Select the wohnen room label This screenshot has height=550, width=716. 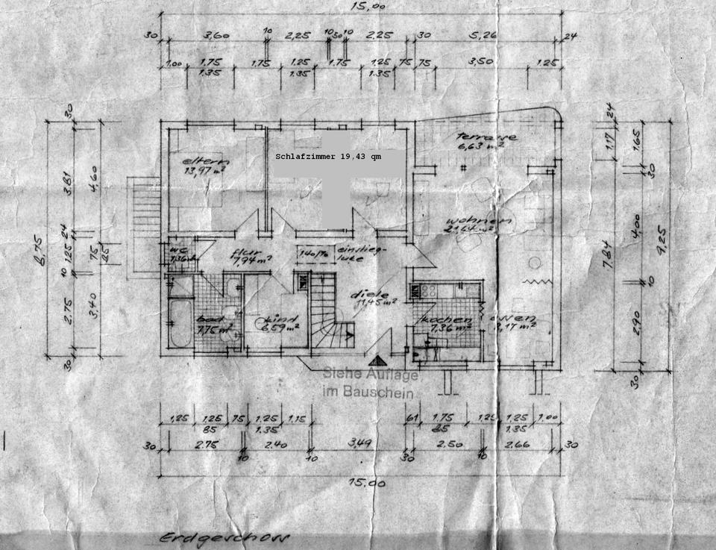(x=478, y=222)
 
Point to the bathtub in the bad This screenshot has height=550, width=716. (x=180, y=325)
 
